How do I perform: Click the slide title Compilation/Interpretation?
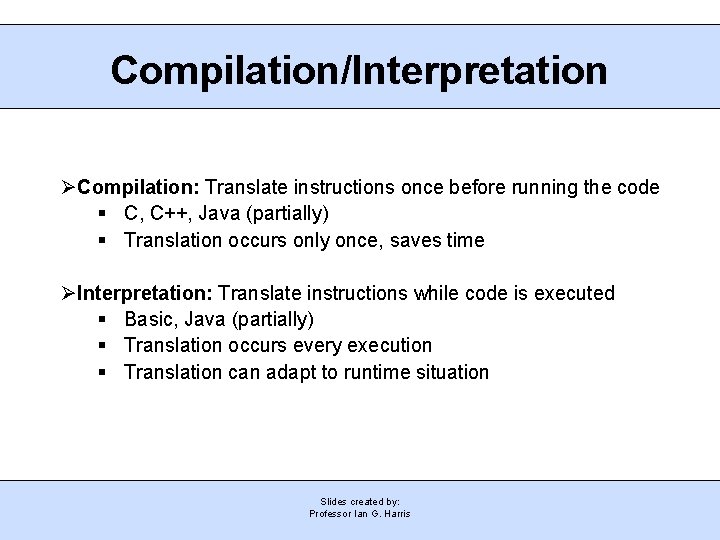pos(359,71)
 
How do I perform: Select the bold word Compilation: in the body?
pos(139,187)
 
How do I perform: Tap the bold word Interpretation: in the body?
pos(144,293)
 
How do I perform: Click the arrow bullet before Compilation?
pos(68,187)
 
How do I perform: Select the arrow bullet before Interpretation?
pos(68,293)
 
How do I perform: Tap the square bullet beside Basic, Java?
pos(104,320)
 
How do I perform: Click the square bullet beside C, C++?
pos(104,214)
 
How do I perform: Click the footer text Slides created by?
pos(360,501)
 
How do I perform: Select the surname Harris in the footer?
pos(395,513)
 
